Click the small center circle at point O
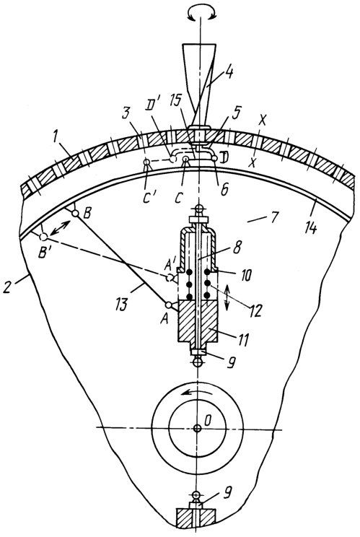tap(197, 428)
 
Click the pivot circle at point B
tap(75, 214)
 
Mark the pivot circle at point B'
tap(43, 237)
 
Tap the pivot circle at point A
tap(168, 305)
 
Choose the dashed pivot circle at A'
tap(170, 278)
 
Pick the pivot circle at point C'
tap(147, 162)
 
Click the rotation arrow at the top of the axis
tap(200, 13)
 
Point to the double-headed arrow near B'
tap(60, 228)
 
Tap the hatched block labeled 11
tap(198, 321)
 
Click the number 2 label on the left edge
tap(7, 287)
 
